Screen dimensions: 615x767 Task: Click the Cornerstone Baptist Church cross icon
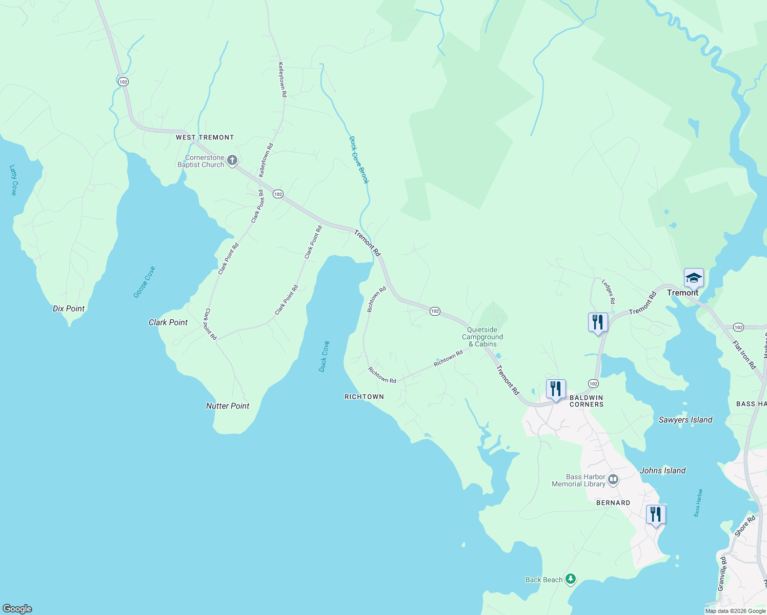coord(232,161)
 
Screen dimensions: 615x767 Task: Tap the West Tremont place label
coord(205,137)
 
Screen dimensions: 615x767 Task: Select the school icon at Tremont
coord(693,278)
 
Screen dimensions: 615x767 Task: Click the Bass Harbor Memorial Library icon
coord(613,480)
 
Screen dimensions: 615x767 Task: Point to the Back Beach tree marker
coord(571,580)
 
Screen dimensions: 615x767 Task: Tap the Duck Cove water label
coord(324,356)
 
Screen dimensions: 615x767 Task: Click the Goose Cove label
coord(144,282)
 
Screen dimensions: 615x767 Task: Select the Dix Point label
coord(69,309)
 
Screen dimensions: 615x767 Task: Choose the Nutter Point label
coord(228,406)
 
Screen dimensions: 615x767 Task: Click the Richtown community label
coord(364,397)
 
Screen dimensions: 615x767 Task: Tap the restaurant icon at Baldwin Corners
coord(556,389)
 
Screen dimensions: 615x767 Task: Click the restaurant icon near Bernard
coord(656,514)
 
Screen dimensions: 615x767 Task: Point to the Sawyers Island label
coord(685,420)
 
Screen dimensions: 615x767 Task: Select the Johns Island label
coord(662,470)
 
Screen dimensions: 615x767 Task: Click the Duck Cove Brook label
coord(359,160)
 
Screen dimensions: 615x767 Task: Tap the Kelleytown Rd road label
coord(282,79)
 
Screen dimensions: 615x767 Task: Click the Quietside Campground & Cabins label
coord(482,337)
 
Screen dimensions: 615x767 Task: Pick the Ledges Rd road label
coord(608,292)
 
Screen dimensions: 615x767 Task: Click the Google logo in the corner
coord(17,608)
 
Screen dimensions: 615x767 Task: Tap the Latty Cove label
coord(13,180)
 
